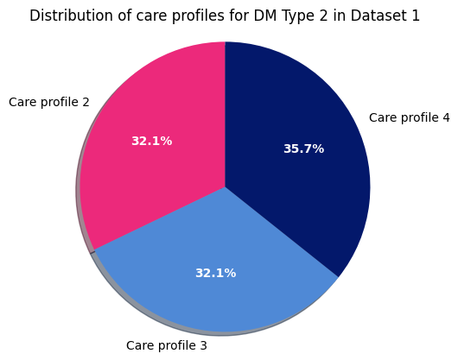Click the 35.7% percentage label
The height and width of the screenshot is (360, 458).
(x=303, y=148)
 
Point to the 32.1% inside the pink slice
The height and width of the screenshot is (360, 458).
(x=151, y=141)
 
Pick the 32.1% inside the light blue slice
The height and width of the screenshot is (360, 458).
(x=215, y=273)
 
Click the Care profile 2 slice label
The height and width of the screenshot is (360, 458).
(x=49, y=102)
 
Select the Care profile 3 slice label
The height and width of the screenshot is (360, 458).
(x=167, y=345)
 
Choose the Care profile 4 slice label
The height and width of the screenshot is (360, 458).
(x=409, y=117)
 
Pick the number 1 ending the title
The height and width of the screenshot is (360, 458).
(x=416, y=16)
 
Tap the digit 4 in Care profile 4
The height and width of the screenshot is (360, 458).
(x=446, y=117)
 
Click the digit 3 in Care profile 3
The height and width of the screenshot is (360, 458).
(x=203, y=345)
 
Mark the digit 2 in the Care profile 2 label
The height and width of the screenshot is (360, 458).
(x=86, y=102)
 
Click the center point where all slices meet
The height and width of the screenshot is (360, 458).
(x=226, y=186)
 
